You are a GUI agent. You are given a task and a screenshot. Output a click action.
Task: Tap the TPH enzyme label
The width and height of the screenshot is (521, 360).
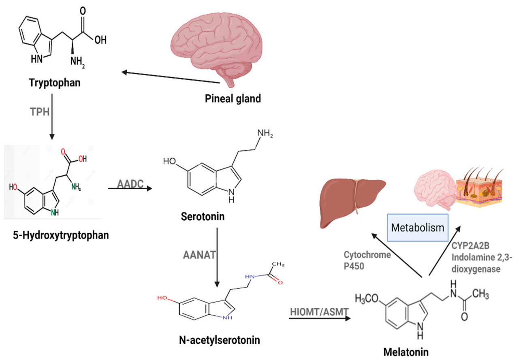coord(40,111)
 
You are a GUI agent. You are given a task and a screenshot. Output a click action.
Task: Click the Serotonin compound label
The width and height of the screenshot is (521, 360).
coord(203,217)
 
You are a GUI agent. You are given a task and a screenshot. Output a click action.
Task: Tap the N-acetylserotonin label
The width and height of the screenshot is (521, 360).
coord(219,339)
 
